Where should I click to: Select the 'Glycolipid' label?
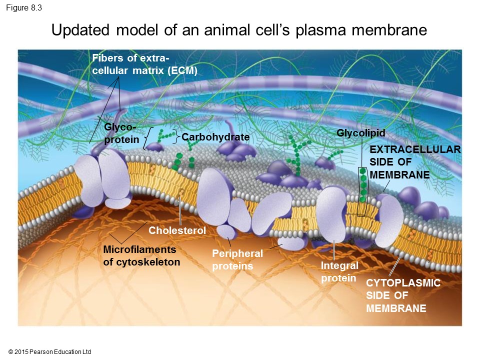[x=360, y=132]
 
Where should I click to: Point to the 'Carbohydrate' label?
[x=215, y=137]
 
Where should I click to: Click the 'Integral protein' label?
[x=339, y=271]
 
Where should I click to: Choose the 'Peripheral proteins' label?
[x=237, y=260]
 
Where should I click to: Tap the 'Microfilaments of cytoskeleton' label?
[x=141, y=255]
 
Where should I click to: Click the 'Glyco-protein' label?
[x=121, y=133]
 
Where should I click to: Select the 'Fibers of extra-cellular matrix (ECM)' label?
[x=145, y=64]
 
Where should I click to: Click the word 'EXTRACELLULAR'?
[x=414, y=149]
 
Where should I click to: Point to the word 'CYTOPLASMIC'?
[x=403, y=283]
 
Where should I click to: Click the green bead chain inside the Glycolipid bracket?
[x=363, y=185]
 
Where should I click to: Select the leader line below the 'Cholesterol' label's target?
[x=180, y=210]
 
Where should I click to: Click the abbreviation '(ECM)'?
[x=182, y=70]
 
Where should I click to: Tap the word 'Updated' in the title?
[x=81, y=30]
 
